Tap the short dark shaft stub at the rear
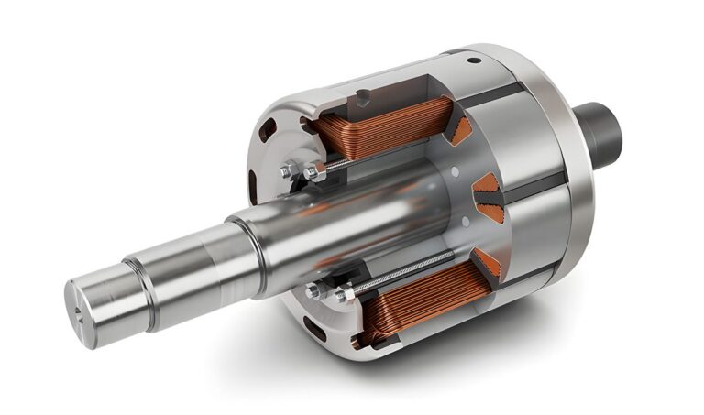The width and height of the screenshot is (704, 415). click(x=599, y=129)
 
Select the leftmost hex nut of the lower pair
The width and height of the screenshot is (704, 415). click(x=315, y=291)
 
